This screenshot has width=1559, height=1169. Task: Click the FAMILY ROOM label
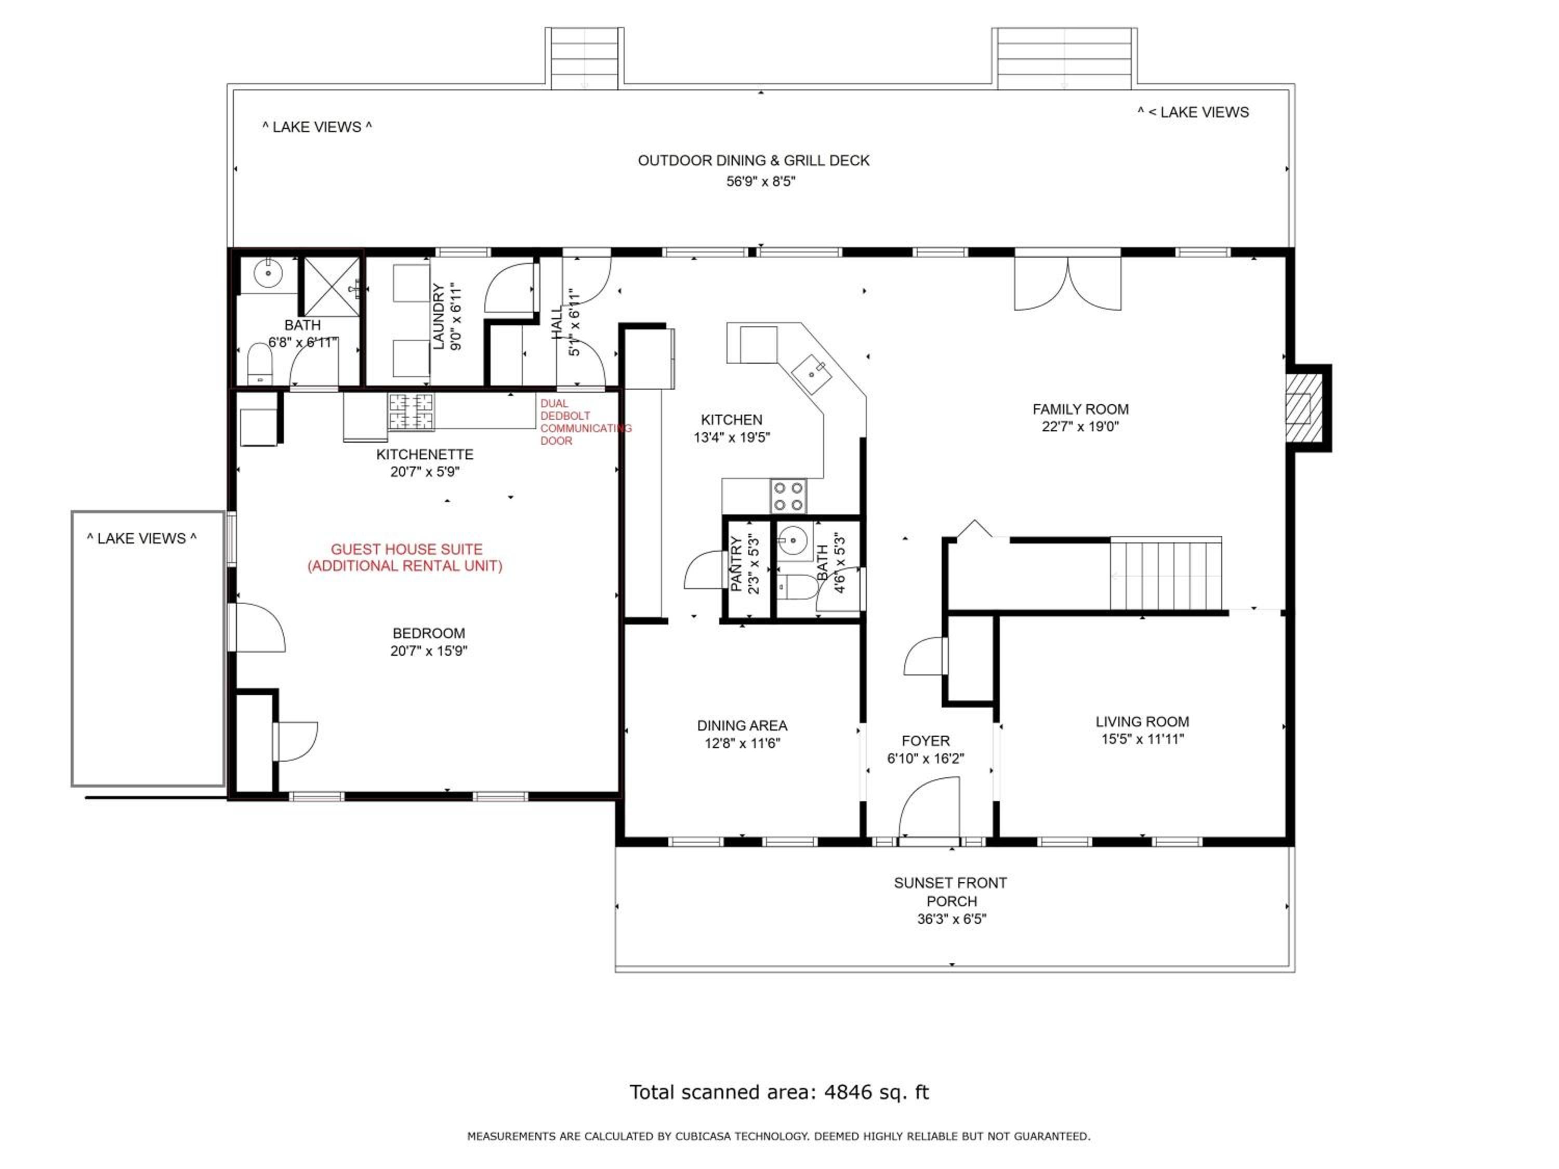(1080, 409)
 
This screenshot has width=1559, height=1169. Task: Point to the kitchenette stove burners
(411, 412)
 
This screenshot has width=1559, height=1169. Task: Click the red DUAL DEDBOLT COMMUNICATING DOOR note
(586, 422)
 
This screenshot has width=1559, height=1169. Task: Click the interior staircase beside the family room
(1166, 574)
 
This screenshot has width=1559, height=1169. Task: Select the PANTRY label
(736, 564)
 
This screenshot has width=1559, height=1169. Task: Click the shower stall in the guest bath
(331, 287)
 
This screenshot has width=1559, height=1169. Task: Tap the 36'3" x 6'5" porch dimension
(951, 919)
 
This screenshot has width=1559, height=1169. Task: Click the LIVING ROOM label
(1142, 722)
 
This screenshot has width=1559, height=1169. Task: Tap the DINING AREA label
(742, 725)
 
